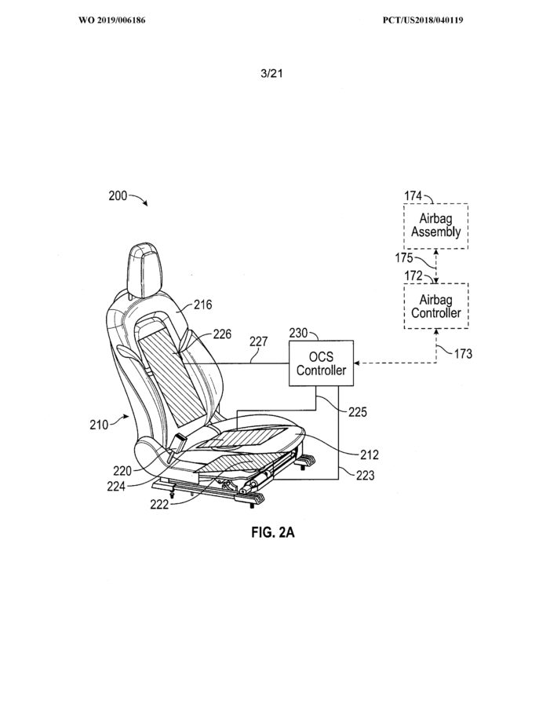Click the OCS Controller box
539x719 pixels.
click(x=321, y=363)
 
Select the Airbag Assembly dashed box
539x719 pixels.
click(x=436, y=226)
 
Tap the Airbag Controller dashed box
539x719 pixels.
click(x=436, y=306)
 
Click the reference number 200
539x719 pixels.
click(x=118, y=195)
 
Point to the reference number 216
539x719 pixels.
click(x=202, y=305)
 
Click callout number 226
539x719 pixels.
click(x=222, y=334)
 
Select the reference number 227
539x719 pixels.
click(x=258, y=341)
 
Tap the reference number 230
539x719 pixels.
click(x=298, y=333)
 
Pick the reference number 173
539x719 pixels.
click(x=463, y=353)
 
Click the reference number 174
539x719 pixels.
click(x=413, y=195)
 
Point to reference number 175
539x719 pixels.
click(x=404, y=258)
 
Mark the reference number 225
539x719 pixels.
click(x=358, y=412)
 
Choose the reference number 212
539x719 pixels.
click(x=370, y=454)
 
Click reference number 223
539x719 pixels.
click(x=366, y=476)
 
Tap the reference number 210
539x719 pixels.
click(x=99, y=425)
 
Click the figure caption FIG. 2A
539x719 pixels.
click(x=273, y=532)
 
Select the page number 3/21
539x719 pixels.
click(x=271, y=73)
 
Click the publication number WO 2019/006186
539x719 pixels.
click(x=112, y=20)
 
